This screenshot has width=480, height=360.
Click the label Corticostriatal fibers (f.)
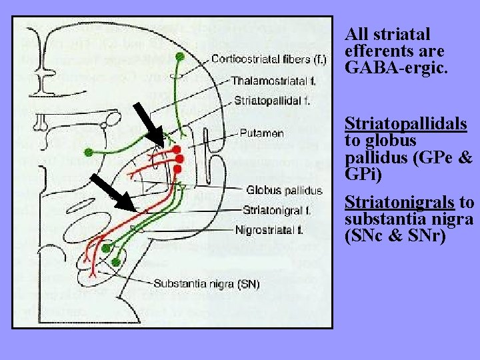269,59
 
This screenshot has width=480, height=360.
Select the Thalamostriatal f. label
269,81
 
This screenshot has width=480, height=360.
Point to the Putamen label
261,133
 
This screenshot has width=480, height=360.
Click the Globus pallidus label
284,191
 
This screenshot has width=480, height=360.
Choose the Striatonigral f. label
277,210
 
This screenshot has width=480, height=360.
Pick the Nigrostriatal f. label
269,230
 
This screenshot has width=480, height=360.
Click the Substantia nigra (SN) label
207,283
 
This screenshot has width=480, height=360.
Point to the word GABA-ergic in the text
385,68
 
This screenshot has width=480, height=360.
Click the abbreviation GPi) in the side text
363,175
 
